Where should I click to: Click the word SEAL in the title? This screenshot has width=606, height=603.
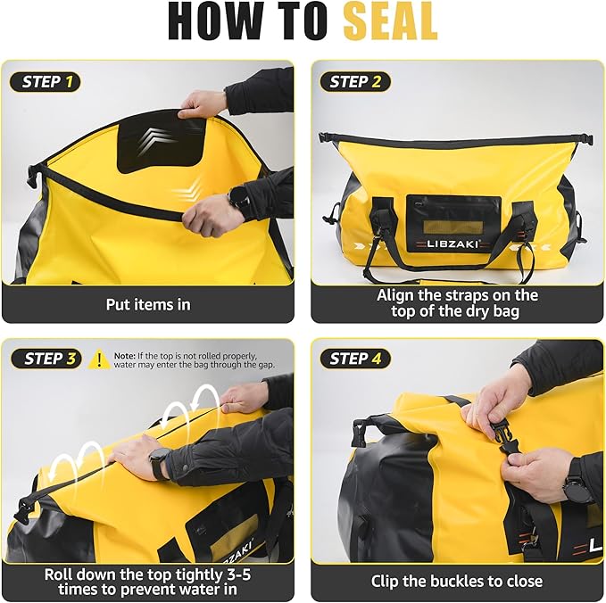(390, 21)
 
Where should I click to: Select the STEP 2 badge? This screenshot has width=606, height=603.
(354, 82)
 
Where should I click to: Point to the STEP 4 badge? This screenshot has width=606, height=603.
(354, 359)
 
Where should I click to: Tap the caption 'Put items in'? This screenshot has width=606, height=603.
(148, 304)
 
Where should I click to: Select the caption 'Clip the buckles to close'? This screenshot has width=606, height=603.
(456, 581)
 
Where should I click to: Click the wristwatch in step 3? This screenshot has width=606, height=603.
(160, 463)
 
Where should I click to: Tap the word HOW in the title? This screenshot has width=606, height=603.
(213, 21)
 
